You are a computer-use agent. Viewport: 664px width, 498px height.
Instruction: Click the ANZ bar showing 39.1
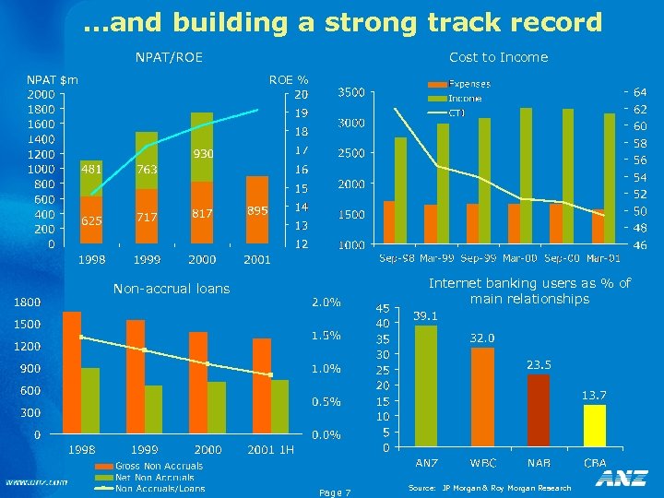pos(426,386)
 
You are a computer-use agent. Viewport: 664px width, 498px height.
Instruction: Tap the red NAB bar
pos(539,410)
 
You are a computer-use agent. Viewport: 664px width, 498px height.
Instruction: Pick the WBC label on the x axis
pos(482,462)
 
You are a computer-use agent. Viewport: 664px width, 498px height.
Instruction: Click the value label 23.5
pos(539,365)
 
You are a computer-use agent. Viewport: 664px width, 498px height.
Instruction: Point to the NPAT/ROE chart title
pos(169,58)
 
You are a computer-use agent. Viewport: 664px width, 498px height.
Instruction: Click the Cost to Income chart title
pos(498,57)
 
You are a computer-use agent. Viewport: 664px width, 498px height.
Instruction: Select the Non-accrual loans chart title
pos(171,289)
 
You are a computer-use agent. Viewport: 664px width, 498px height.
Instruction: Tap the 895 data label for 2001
pos(257,210)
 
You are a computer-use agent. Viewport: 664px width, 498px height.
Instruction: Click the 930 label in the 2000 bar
pos(203,153)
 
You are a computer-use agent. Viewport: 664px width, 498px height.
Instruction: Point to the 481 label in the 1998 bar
pos(91,170)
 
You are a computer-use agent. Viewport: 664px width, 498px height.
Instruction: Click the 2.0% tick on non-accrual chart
pos(326,302)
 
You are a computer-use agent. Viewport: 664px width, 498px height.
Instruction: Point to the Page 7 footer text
pos(334,492)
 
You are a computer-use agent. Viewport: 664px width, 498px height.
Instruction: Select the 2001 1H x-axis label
pos(271,449)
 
